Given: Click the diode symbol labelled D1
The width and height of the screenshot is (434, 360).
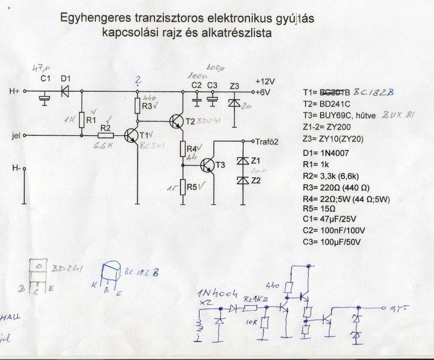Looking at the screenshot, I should tap(66, 91).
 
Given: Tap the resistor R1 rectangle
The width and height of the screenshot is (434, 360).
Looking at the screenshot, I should tap(81, 119).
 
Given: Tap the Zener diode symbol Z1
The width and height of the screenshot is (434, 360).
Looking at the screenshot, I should tap(242, 161).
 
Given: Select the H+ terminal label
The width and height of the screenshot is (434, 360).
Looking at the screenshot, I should tap(15, 91).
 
